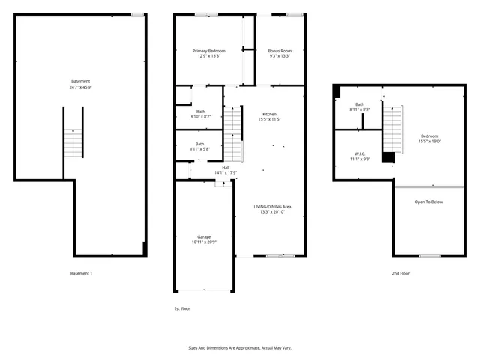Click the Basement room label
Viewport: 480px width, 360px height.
(x=81, y=81)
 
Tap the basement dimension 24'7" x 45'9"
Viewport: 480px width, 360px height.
(x=81, y=87)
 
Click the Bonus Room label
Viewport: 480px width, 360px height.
(x=280, y=50)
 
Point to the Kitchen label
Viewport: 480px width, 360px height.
(x=269, y=114)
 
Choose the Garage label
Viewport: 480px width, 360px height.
(x=204, y=236)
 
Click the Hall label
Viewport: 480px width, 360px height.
(x=226, y=167)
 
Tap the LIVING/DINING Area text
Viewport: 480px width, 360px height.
(x=271, y=206)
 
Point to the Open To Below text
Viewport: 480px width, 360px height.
(x=429, y=202)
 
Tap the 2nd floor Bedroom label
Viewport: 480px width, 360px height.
(x=429, y=136)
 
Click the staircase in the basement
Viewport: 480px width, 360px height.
(x=73, y=142)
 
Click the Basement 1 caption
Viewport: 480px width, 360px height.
(x=81, y=273)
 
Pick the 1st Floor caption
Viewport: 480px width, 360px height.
(x=182, y=308)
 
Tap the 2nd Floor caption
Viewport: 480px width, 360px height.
(x=400, y=273)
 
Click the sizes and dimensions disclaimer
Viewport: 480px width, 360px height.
(x=239, y=348)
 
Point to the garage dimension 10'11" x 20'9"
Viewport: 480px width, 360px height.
(x=204, y=242)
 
